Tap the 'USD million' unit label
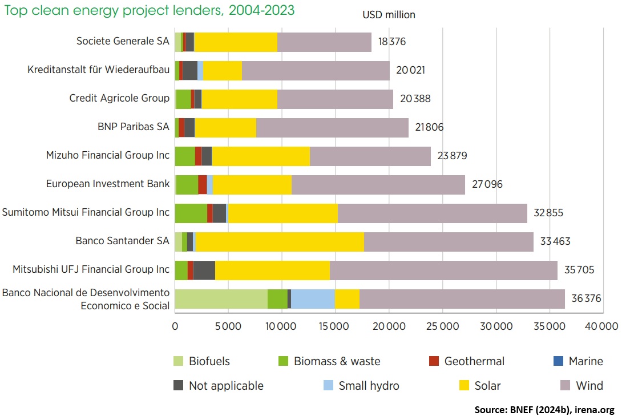389,15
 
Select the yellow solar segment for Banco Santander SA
280,242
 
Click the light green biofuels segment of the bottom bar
221,299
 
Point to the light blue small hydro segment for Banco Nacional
313,299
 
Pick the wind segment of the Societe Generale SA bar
324,42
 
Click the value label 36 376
586,299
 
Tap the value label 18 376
393,42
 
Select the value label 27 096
487,184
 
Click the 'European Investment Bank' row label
108,184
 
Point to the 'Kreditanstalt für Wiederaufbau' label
98,70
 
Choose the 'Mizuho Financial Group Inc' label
108,155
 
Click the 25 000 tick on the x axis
442,326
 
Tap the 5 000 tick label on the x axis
228,326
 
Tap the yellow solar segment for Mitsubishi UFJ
272,270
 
